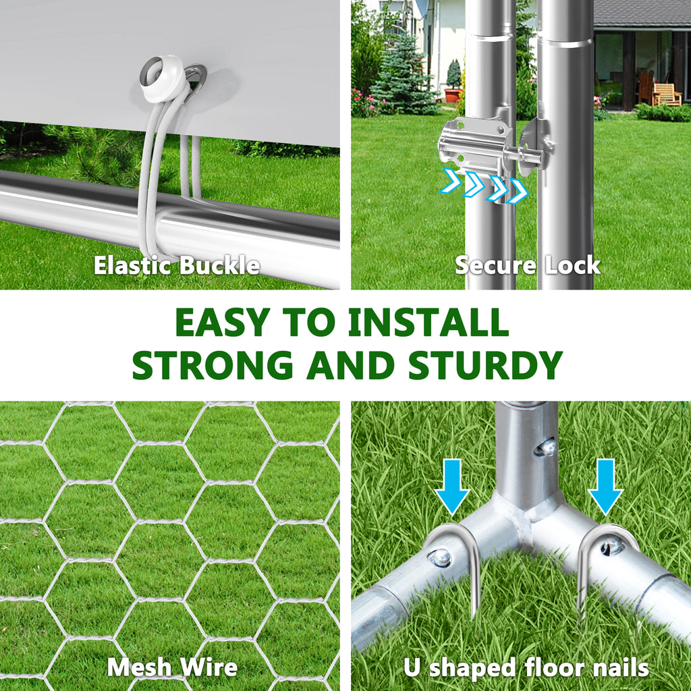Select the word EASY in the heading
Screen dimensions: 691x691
tap(223, 322)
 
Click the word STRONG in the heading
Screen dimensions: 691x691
tap(213, 365)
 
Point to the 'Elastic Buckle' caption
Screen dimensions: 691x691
tap(177, 266)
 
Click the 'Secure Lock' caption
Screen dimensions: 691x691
tap(528, 265)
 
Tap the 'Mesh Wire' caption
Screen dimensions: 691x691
tap(172, 667)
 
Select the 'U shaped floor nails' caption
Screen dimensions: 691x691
tap(526, 667)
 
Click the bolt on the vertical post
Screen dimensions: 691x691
tap(547, 448)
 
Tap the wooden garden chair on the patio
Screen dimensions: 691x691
tap(665, 94)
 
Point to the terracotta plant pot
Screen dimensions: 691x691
tap(452, 95)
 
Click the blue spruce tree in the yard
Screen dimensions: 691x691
tap(402, 73)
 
